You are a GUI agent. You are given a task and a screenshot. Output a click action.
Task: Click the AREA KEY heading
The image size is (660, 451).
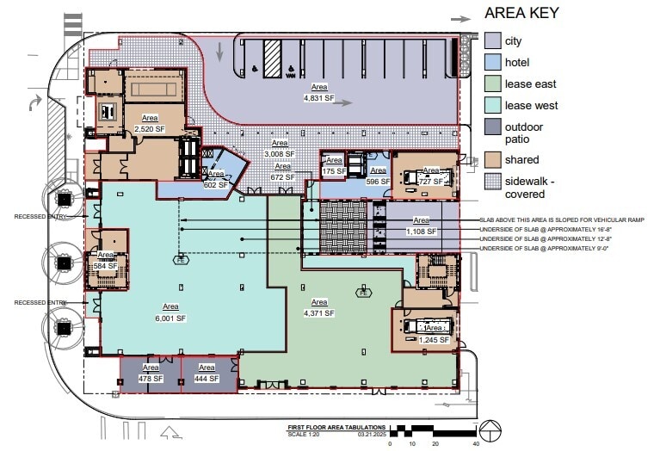point(521,13)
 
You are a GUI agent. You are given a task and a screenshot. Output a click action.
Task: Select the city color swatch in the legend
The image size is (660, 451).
point(493,40)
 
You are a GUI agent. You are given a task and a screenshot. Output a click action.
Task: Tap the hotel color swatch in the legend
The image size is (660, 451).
point(493,62)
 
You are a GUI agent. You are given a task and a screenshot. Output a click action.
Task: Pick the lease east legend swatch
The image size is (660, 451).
point(493,83)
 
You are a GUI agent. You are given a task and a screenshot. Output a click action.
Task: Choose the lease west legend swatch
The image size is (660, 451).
point(493,105)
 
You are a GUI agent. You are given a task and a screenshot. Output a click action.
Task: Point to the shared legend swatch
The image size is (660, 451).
point(493,159)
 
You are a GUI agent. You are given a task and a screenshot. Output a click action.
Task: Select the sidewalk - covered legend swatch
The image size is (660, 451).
point(493,181)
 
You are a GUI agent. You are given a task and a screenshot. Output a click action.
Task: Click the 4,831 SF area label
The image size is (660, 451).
point(318,93)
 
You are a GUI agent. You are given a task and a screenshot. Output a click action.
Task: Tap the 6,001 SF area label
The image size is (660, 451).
point(170,312)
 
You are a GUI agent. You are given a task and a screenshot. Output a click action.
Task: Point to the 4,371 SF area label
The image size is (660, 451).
point(318,308)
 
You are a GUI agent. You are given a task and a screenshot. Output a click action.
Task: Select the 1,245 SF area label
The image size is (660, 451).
point(435,334)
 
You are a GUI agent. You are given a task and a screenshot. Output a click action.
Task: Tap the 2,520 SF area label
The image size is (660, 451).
point(150,123)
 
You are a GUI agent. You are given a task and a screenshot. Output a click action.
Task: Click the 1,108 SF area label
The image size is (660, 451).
point(421,226)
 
